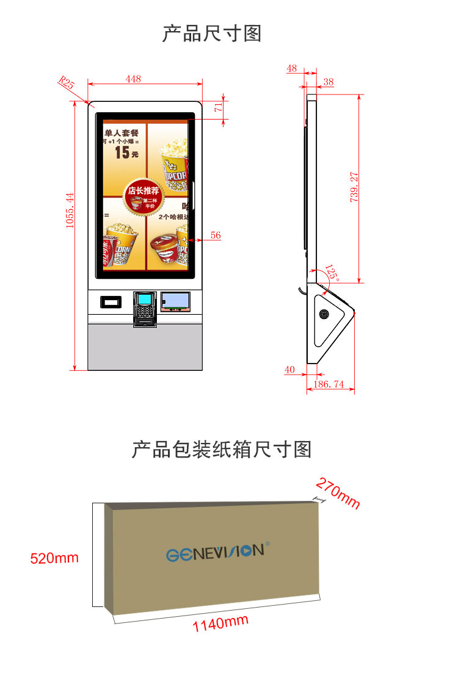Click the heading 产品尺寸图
click(x=211, y=34)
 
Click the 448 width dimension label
click(x=133, y=78)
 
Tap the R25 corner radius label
click(x=66, y=82)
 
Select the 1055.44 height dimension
click(x=70, y=210)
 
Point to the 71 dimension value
click(x=218, y=107)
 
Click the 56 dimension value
click(x=216, y=235)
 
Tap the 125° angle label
click(x=332, y=272)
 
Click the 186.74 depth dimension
click(x=329, y=384)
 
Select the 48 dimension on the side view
click(x=291, y=68)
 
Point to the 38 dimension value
click(x=329, y=82)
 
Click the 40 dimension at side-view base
click(x=289, y=369)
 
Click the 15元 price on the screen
click(x=126, y=152)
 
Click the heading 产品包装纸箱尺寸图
click(x=222, y=450)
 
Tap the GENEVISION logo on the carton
click(x=215, y=551)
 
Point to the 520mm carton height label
click(x=55, y=558)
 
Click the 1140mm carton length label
click(x=220, y=623)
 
